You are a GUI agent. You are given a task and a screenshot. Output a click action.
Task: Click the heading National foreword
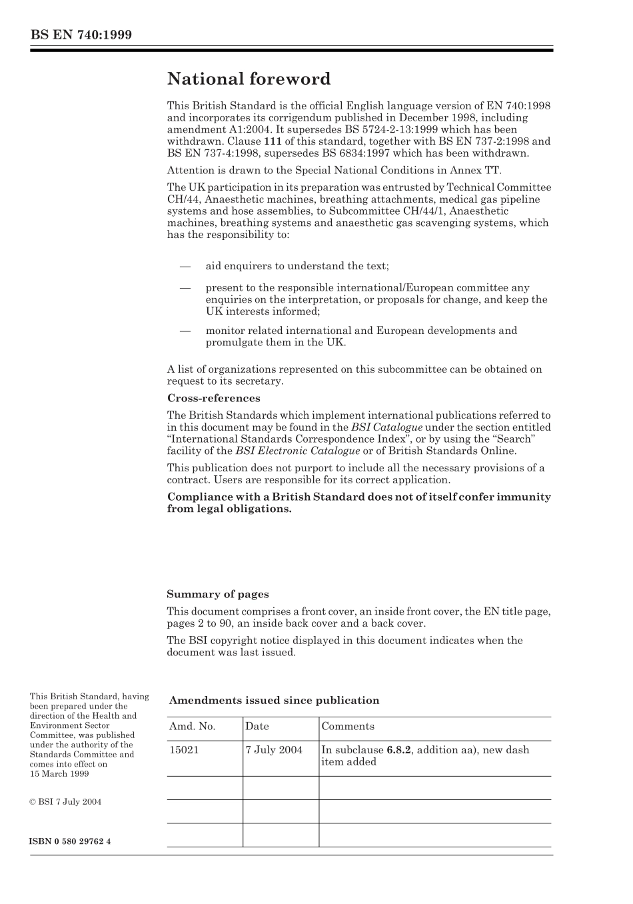click(249, 79)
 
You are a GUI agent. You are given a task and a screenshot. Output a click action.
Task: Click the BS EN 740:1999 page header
click(81, 35)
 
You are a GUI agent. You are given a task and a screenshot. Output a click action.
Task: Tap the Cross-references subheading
click(213, 399)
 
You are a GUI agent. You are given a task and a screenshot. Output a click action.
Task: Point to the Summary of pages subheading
click(218, 594)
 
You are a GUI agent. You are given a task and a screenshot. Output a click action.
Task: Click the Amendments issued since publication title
click(274, 701)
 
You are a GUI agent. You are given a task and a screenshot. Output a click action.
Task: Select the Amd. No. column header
click(193, 727)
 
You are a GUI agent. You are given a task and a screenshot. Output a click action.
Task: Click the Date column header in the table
click(257, 727)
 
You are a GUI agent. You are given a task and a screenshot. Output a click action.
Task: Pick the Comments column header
click(348, 727)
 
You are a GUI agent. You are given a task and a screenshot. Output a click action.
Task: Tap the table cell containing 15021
click(184, 750)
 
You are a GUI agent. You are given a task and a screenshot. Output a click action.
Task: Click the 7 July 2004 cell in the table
click(274, 750)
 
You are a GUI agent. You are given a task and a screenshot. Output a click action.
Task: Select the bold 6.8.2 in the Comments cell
click(398, 750)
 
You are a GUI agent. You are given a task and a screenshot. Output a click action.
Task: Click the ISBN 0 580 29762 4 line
click(70, 841)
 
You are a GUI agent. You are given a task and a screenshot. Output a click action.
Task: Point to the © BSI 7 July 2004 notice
click(65, 802)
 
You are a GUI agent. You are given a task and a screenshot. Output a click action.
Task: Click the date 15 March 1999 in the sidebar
click(59, 774)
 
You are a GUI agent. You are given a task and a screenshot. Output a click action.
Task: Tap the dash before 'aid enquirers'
click(185, 266)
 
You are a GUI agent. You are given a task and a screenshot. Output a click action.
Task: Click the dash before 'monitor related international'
click(185, 331)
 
